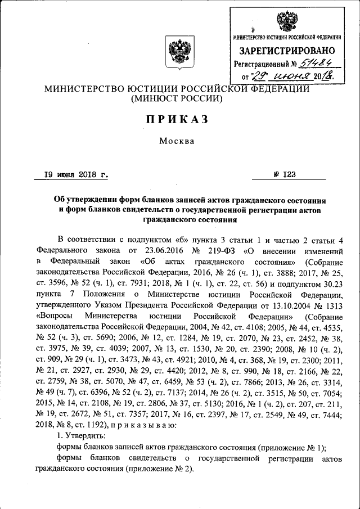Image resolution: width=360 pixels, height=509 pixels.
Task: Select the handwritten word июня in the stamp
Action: (292, 76)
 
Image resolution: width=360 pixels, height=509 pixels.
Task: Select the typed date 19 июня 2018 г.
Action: (77, 174)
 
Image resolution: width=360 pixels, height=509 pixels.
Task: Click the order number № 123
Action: (285, 174)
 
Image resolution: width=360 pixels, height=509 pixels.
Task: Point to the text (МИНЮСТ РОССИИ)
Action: (178, 100)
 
